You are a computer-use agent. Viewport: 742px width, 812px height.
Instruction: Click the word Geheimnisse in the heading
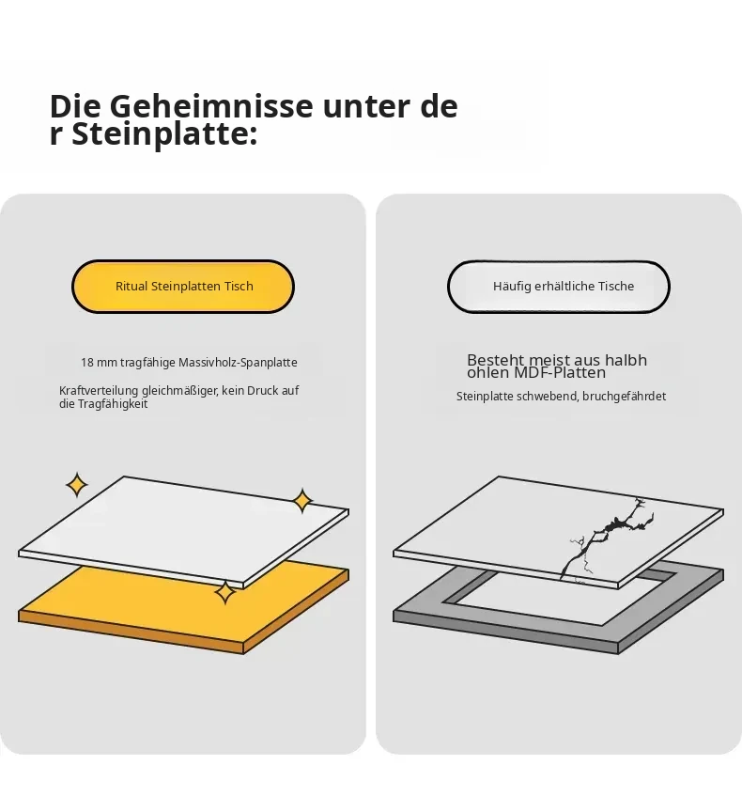211,107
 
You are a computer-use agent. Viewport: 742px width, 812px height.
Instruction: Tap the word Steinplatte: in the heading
164,134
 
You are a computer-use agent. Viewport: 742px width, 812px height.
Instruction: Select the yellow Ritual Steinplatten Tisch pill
183,287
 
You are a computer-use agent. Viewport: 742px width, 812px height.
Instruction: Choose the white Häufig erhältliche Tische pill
559,287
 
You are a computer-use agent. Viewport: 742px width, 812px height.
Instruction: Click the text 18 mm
99,363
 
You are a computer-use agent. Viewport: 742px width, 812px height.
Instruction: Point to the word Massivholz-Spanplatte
238,363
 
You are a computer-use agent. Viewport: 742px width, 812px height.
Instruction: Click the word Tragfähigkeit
113,404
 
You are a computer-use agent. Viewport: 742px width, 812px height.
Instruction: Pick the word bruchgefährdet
624,397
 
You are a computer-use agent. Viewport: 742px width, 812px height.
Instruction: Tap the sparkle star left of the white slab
77,485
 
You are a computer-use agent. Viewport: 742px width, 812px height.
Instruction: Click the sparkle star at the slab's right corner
302,501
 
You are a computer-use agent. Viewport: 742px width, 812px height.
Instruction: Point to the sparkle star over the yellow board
225,592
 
